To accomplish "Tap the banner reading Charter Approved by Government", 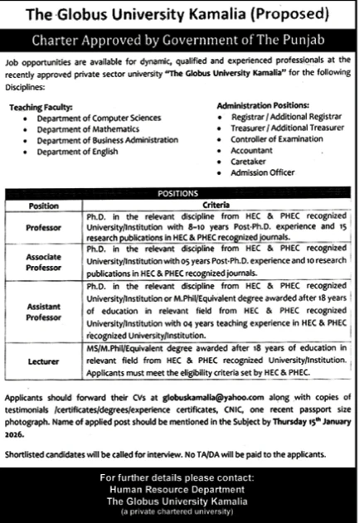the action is click(x=179, y=39).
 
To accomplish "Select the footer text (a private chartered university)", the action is click(x=179, y=512).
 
